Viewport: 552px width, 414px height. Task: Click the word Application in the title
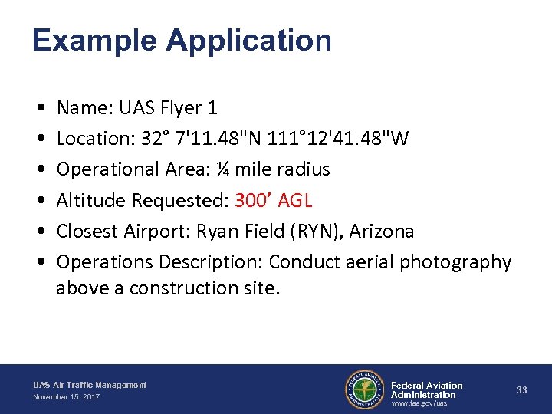[x=248, y=41]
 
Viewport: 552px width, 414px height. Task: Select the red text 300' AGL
[x=274, y=201]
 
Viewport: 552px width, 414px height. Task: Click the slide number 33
[x=522, y=390]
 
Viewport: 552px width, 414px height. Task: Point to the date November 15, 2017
[x=66, y=397]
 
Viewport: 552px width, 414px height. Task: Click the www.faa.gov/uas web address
[x=419, y=403]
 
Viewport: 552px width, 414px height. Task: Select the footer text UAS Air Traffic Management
[x=90, y=385]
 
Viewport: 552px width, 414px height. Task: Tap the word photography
[x=452, y=262]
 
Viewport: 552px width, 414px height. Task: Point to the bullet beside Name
[x=39, y=109]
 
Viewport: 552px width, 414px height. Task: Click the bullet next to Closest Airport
[x=39, y=232]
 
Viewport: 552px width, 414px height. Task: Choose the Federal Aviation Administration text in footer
[x=426, y=390]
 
